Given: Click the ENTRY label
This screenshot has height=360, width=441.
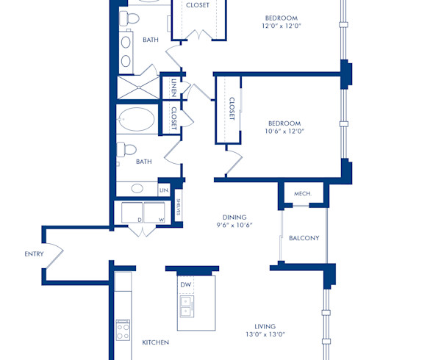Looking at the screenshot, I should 34,254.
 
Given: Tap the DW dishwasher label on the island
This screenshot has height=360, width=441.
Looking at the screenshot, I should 186,284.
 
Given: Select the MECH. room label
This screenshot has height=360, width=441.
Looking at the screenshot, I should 303,194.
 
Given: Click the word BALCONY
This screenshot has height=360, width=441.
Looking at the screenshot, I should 304,238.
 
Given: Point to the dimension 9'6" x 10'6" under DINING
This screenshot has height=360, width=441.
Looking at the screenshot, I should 235,226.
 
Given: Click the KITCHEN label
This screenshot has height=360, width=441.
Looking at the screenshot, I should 155,342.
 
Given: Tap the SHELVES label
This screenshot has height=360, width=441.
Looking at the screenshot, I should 179,212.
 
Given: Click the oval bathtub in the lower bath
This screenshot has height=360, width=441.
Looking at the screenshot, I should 137,120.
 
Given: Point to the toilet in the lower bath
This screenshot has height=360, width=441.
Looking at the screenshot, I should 128,150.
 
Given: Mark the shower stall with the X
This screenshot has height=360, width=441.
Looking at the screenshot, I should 138,88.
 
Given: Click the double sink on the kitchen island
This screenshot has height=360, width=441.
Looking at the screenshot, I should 186,306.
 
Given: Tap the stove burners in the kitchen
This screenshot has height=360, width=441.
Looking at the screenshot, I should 122,333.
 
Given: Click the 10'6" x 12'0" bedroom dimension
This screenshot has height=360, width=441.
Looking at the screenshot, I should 286,132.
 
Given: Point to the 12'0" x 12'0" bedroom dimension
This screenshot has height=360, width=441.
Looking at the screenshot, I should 282,26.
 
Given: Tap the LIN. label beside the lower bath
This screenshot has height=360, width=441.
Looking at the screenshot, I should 164,190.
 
